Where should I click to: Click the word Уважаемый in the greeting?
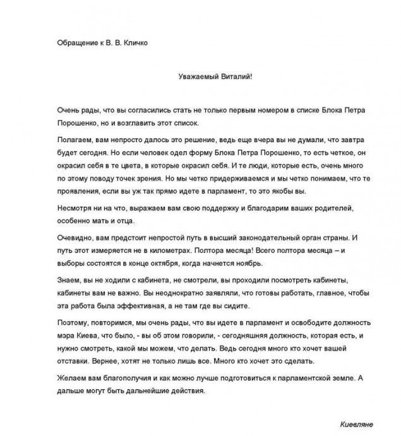(x=196, y=75)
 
